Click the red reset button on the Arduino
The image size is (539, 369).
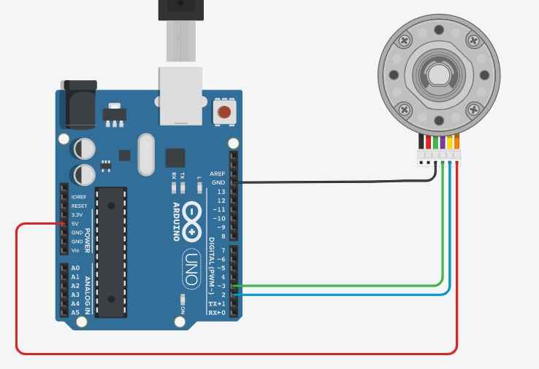pos(224,112)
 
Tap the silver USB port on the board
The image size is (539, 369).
pos(180,95)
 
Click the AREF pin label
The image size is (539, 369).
pos(218,174)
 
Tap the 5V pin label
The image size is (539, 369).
pos(74,224)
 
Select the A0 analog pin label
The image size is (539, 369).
pos(75,268)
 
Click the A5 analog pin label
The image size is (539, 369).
pos(75,312)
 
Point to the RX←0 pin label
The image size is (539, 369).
pos(217,312)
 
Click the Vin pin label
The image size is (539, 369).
pos(75,250)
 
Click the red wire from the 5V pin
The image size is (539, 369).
pos(219,354)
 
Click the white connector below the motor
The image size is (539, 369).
pos(438,155)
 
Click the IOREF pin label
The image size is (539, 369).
pos(79,197)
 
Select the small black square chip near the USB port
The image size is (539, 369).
pos(175,158)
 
